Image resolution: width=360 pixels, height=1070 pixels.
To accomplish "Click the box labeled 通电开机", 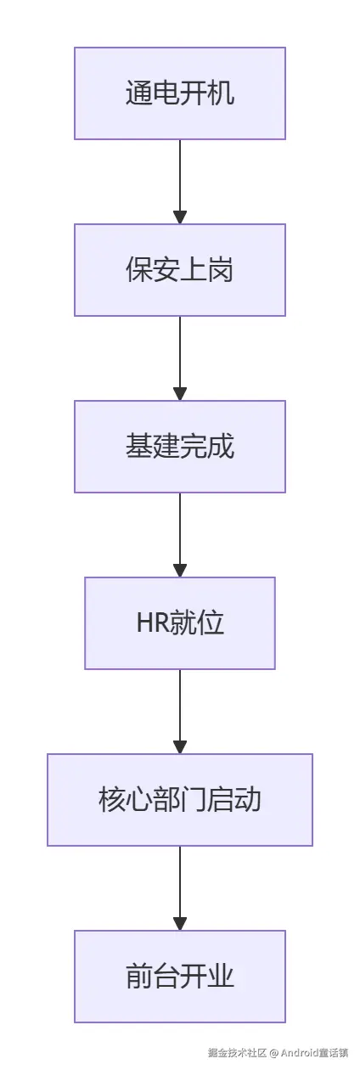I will (x=180, y=93).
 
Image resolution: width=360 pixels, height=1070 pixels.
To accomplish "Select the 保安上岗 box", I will (x=180, y=270).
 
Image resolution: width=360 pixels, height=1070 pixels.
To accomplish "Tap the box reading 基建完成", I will (x=180, y=447).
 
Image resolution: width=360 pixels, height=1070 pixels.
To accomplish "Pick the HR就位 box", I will (x=180, y=623).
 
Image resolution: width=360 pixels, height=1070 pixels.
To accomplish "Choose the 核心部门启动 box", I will (x=180, y=800).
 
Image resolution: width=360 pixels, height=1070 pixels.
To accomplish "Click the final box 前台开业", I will (x=180, y=977).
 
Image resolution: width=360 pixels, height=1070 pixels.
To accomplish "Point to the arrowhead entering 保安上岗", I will (x=180, y=217).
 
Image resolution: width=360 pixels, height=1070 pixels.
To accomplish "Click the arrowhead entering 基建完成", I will (x=180, y=394).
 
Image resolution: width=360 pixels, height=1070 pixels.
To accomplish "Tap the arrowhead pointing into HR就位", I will (x=180, y=571).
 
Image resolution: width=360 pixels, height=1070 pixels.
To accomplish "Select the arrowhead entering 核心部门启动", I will (x=180, y=747).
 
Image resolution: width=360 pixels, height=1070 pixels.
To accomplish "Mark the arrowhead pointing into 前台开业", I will (x=180, y=924).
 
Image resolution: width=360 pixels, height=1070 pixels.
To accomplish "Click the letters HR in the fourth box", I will (x=150, y=623).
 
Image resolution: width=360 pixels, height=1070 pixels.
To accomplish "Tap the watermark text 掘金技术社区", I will (x=237, y=1053).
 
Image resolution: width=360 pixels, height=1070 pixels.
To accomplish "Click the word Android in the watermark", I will (x=298, y=1053).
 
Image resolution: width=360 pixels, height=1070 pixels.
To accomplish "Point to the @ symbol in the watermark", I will (x=274, y=1053).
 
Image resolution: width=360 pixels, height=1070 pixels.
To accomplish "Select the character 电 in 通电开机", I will (x=166, y=93).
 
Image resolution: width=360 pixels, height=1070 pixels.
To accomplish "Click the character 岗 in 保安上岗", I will (x=221, y=270).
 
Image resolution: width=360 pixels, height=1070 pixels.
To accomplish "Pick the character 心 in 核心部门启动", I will (x=139, y=800).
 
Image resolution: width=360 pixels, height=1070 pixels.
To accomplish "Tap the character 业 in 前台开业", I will (x=221, y=977).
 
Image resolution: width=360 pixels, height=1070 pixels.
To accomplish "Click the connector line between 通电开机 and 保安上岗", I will (x=180, y=174).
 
